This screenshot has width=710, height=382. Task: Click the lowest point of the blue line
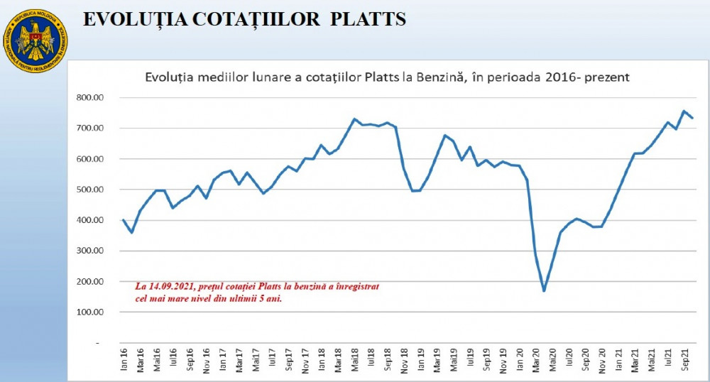(544, 290)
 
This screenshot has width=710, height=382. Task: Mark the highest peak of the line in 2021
(684, 111)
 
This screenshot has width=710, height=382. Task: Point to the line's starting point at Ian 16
(123, 219)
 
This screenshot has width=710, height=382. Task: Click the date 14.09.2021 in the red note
(171, 286)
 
